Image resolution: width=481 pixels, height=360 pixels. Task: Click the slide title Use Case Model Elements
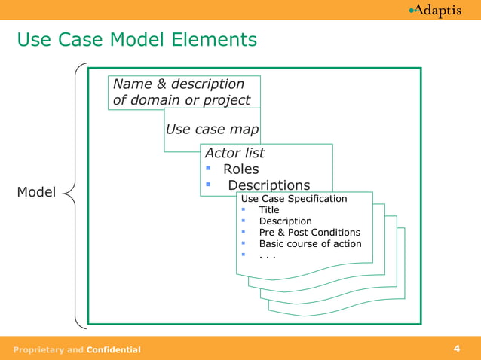(136, 38)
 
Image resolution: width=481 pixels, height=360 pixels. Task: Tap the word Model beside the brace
(36, 192)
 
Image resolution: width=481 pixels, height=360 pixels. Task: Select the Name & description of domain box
(185, 92)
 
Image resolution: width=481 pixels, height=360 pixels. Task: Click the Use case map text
(212, 129)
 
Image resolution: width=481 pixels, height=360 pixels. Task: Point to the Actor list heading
(235, 153)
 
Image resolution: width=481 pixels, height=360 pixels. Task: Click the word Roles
(240, 169)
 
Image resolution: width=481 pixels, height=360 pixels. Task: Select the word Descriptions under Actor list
(268, 185)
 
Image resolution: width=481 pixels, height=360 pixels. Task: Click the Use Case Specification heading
(294, 199)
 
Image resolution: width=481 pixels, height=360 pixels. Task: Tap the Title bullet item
(269, 210)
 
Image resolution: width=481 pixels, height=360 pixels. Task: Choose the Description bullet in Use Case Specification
(285, 221)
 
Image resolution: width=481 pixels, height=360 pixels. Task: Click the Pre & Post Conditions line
(309, 233)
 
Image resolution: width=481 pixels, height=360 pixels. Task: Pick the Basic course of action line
(310, 244)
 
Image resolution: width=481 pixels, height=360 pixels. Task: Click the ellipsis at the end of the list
(268, 255)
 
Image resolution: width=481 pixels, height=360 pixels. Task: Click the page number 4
(457, 348)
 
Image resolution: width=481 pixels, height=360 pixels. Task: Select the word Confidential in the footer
(113, 349)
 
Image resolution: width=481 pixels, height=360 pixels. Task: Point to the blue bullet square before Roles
(208, 168)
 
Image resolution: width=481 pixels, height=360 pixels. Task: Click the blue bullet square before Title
(244, 210)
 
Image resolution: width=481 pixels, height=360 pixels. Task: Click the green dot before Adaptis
(411, 10)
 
